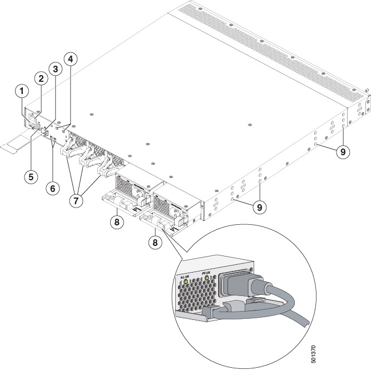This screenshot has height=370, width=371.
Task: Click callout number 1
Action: pos(21,90)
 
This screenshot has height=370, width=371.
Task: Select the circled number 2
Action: pos(40,78)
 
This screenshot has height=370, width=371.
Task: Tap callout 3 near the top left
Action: pos(55,68)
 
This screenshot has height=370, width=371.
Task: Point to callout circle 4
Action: pos(70,58)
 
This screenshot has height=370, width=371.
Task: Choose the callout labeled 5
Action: pos(31,176)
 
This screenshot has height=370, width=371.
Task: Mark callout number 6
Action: pos(52,188)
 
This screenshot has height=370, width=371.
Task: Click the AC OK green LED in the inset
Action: pos(184,282)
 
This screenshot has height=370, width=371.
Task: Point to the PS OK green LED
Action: pos(207,277)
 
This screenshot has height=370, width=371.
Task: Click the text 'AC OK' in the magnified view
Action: pos(183,275)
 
